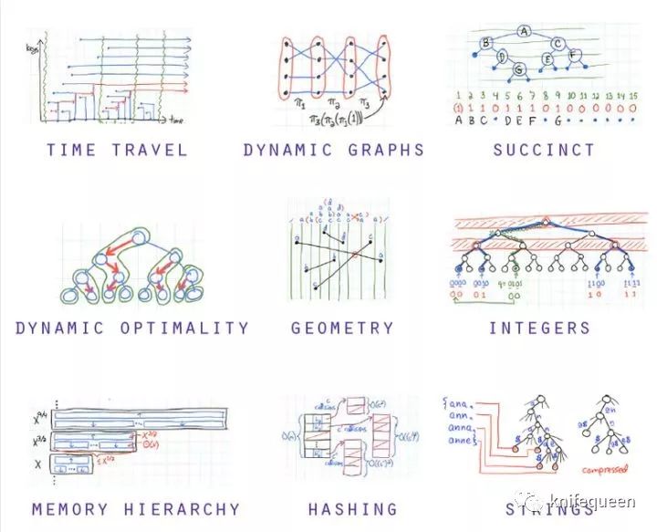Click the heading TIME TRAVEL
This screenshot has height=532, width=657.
pos(117,150)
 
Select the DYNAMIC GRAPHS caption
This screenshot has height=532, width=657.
pos(334,150)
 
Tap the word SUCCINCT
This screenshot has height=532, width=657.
pos(544,150)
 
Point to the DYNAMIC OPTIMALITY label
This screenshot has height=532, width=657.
pos(132,328)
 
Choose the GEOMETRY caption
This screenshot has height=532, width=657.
pos(342,328)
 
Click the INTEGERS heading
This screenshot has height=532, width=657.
pos(539,328)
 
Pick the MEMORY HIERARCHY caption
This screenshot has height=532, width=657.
pos(135,509)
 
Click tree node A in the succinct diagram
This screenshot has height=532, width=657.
pos(524,30)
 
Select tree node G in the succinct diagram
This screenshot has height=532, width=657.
pos(518,68)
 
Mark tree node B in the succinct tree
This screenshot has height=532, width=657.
pos(486,42)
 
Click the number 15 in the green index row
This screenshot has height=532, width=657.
pos(631,94)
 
